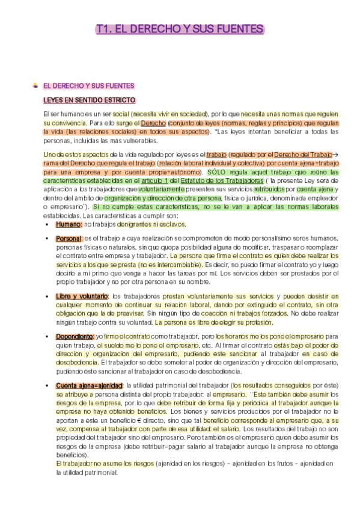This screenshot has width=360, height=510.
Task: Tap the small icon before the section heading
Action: [x=35, y=85]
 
